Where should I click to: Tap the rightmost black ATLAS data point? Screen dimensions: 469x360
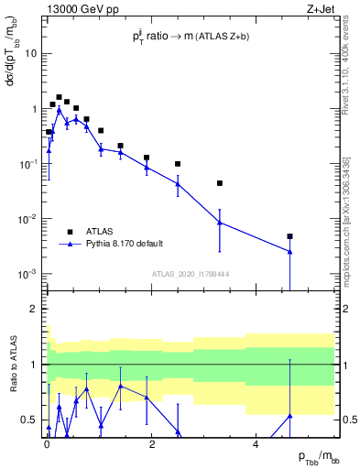(x=289, y=236)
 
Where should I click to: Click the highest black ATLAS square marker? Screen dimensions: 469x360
(x=59, y=97)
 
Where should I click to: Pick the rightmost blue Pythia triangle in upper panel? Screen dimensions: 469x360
(x=289, y=251)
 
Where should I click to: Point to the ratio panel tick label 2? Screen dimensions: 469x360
(x=35, y=309)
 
